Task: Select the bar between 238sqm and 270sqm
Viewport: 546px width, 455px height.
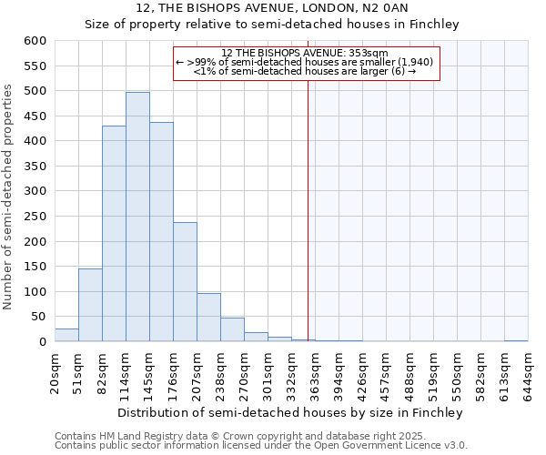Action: tap(232, 329)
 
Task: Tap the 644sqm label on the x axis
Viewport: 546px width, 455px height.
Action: tap(529, 374)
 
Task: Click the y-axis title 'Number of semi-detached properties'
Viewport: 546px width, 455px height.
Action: tap(9, 197)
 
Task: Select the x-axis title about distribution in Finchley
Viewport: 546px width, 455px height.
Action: tap(290, 412)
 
